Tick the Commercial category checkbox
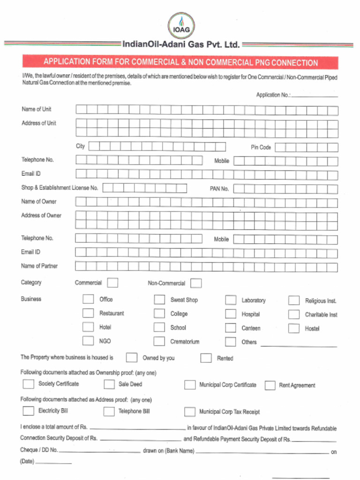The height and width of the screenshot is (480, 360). tap(112, 283)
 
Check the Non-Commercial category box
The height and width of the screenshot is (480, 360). tap(196, 283)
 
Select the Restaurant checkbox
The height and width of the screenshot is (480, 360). tap(88, 313)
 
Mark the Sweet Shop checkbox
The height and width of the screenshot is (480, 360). tap(159, 300)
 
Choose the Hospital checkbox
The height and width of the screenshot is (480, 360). tap(230, 314)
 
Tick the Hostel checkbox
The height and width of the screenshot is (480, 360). tap(294, 328)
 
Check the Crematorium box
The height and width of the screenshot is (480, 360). tap(159, 341)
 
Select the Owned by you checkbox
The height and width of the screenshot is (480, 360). tap(132, 358)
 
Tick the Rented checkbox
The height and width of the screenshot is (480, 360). tap(206, 358)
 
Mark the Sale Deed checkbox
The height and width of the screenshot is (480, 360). tap(109, 384)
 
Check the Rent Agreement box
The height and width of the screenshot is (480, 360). tap(270, 385)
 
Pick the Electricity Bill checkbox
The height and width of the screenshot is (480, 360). tap(29, 411)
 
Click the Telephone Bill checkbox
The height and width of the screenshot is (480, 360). tap(109, 412)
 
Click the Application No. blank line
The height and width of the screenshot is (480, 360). tap(315, 96)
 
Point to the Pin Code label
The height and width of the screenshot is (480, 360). tap(261, 147)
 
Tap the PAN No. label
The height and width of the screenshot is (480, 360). tap(219, 189)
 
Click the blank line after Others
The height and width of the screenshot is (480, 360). tap(299, 345)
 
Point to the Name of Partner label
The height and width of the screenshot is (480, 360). tap(39, 266)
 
